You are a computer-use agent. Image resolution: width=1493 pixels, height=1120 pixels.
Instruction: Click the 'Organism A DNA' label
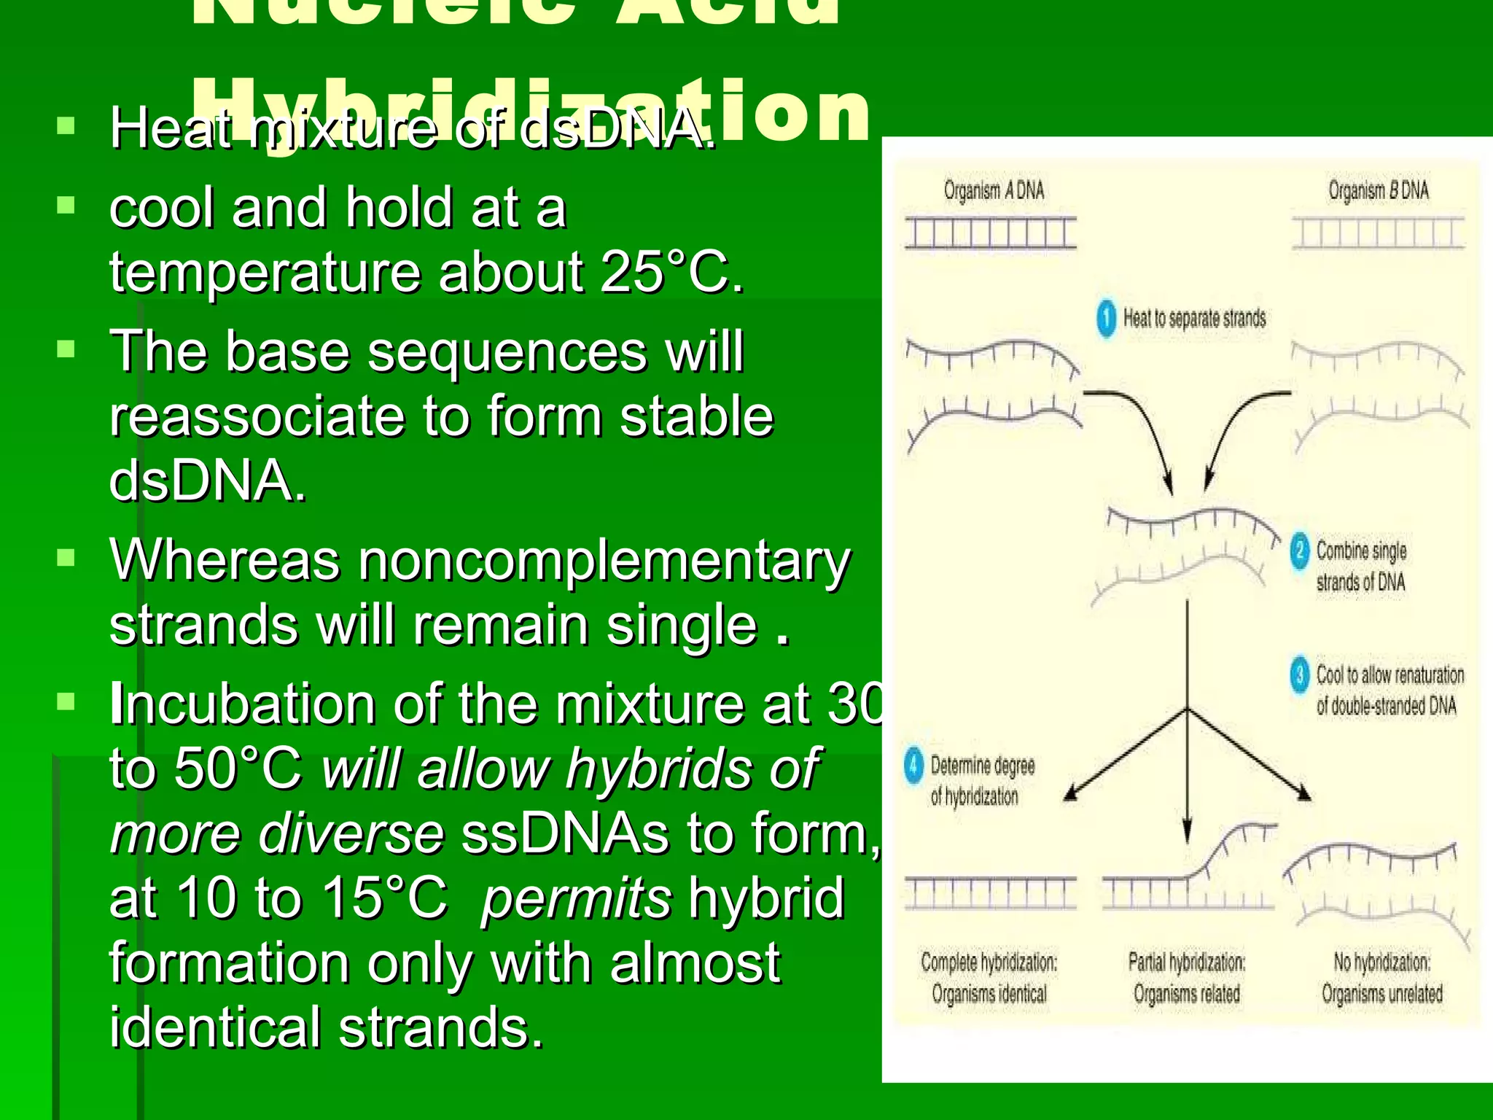click(x=994, y=191)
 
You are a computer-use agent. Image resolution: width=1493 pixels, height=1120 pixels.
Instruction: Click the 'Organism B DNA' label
click(x=1378, y=191)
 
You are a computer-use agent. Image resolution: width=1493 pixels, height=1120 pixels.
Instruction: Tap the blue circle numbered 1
click(x=1106, y=319)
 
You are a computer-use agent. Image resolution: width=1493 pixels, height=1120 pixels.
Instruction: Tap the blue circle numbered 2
click(x=1299, y=551)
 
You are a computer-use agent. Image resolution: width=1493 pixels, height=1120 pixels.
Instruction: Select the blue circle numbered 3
click(x=1299, y=675)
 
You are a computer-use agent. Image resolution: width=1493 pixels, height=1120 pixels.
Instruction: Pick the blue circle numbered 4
click(x=913, y=766)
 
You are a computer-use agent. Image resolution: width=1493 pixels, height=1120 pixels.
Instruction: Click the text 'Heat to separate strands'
click(x=1194, y=319)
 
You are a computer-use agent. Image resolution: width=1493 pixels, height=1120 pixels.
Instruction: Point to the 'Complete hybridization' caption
click(x=989, y=962)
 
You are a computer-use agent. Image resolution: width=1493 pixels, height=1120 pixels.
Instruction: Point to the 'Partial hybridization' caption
click(x=1186, y=962)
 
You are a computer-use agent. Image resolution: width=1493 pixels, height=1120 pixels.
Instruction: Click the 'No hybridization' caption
click(x=1381, y=962)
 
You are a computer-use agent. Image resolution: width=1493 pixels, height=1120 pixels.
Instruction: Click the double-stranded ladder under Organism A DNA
click(x=991, y=233)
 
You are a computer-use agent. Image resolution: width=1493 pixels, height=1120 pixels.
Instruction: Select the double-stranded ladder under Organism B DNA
click(x=1378, y=233)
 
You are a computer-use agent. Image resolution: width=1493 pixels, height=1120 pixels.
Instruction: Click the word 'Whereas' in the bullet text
click(x=225, y=560)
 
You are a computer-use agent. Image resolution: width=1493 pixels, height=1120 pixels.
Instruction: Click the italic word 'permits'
click(x=576, y=898)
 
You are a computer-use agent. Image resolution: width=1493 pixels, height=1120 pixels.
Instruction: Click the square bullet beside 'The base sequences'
click(x=66, y=349)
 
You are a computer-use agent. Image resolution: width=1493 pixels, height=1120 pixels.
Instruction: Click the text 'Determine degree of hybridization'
click(x=981, y=781)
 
